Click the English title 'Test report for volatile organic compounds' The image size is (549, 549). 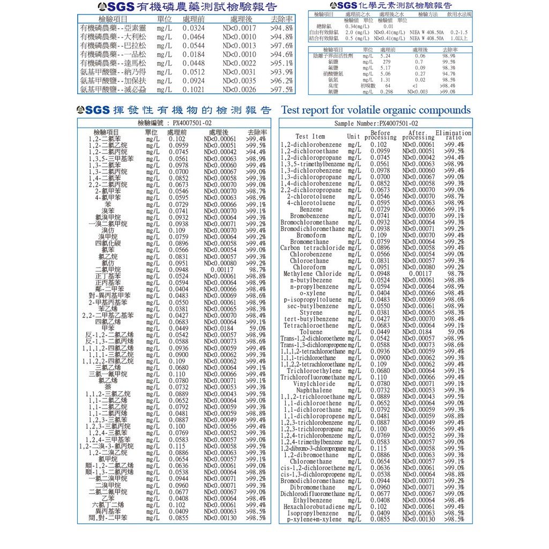[376, 110]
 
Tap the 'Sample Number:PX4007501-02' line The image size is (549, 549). [376, 123]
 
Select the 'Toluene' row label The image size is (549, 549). [311, 332]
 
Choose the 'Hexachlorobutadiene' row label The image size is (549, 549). [313, 506]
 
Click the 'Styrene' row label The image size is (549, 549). [311, 313]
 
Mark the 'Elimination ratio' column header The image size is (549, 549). [454, 136]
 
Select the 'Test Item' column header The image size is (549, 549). [310, 136]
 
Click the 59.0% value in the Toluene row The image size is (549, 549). [455, 332]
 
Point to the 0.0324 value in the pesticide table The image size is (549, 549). [194, 28]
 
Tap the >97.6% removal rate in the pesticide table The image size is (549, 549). [281, 46]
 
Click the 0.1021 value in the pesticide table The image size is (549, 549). [194, 90]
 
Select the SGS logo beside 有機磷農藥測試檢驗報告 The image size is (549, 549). [112, 7]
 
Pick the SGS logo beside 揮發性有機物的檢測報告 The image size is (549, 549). [93, 110]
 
